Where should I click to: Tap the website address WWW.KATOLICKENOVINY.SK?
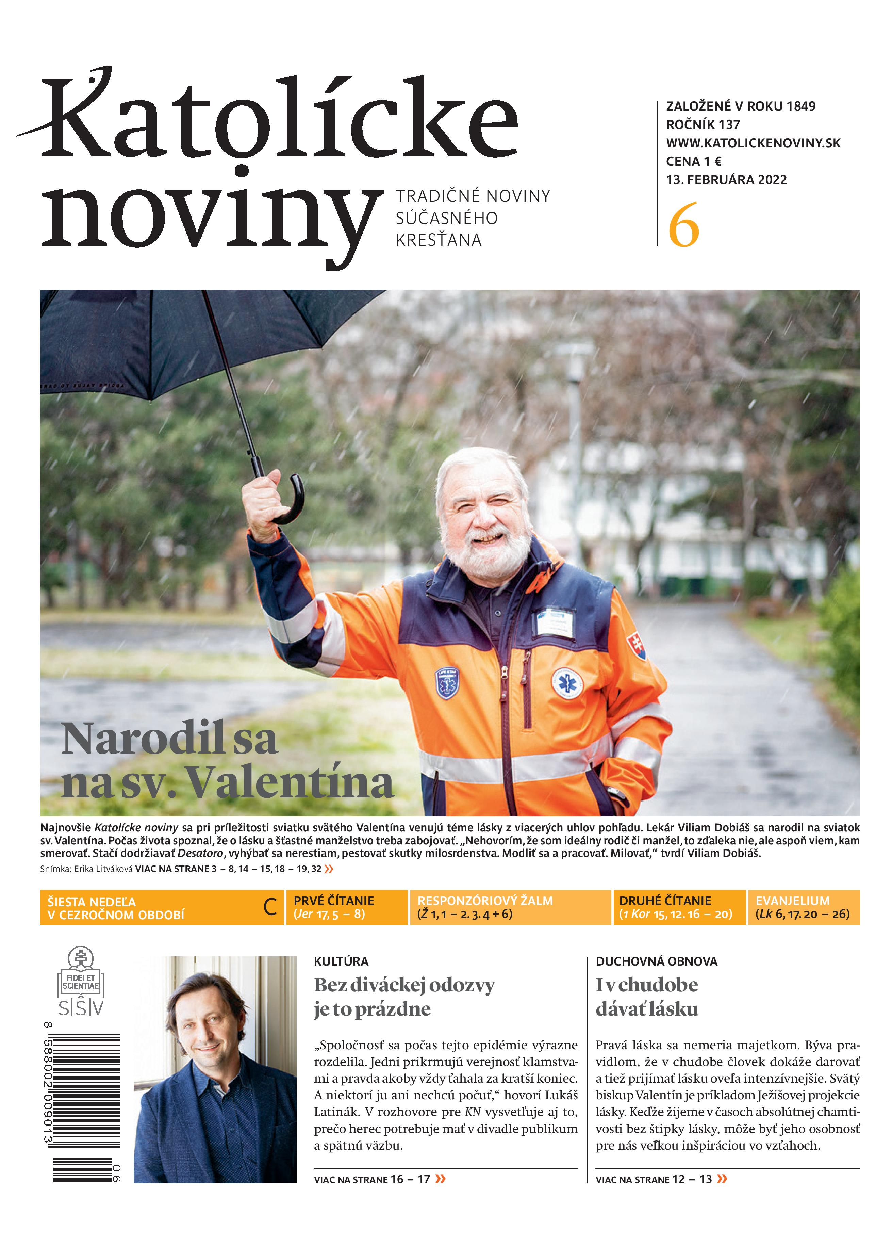[753, 143]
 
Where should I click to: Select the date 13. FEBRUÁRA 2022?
[726, 180]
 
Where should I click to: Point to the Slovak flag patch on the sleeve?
[636, 646]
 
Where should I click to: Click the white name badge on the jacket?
[555, 622]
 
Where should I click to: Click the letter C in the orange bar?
[270, 908]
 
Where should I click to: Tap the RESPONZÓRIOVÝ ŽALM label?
[485, 901]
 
